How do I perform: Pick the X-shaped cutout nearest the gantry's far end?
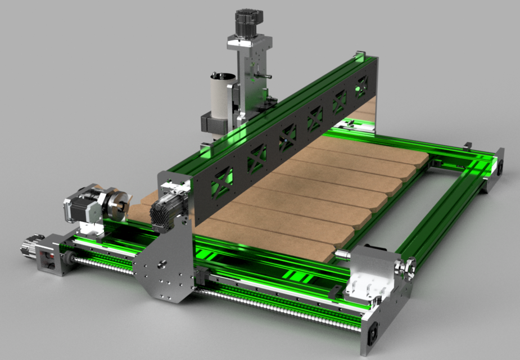[361, 85]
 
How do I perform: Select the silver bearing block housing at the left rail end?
[52, 256]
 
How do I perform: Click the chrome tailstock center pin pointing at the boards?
[342, 255]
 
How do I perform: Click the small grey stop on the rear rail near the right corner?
[467, 146]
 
